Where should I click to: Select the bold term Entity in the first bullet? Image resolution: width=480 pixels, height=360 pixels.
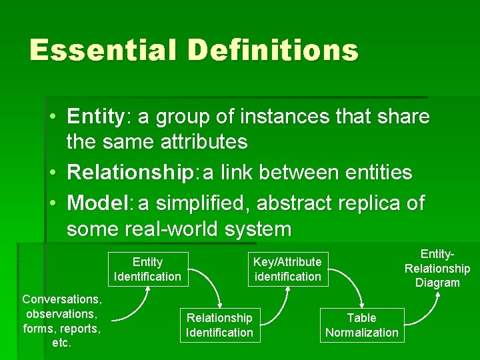[95, 117]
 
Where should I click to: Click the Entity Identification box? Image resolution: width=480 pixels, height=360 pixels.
[147, 269]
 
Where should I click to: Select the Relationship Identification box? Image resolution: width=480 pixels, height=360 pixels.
[219, 325]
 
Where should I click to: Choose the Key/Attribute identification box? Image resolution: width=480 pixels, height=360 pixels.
[287, 269]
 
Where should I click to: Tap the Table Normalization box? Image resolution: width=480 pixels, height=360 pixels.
[361, 325]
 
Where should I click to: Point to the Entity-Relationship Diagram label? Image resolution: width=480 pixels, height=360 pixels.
[437, 268]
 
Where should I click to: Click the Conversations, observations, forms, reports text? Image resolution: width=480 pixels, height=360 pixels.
[62, 321]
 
